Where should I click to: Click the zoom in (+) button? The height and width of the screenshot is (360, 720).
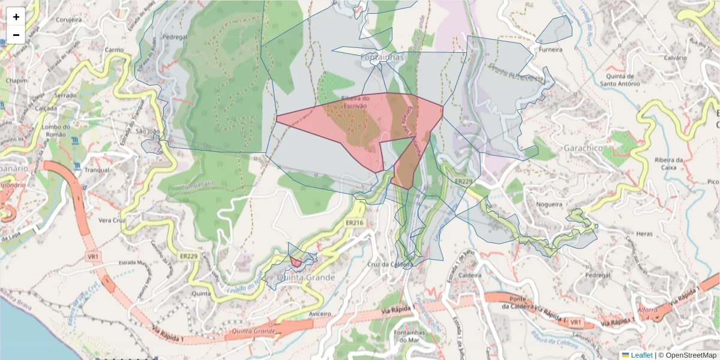click(16, 17)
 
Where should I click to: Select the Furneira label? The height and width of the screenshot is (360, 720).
click(550, 50)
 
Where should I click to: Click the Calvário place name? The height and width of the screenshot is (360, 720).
click(674, 58)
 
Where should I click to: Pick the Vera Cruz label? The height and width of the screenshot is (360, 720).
click(110, 220)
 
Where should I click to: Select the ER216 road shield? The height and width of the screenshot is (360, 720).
click(355, 222)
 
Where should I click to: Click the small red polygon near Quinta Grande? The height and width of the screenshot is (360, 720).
click(296, 262)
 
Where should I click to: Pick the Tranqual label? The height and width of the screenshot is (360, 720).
click(97, 170)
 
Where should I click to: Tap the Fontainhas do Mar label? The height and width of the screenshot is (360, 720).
click(410, 336)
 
